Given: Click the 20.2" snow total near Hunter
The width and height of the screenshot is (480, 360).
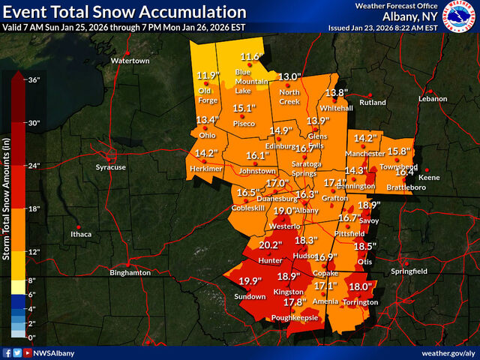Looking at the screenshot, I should [270, 245].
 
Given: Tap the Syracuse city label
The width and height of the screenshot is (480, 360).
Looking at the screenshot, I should [111, 167].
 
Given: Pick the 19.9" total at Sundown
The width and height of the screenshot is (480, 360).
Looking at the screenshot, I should [250, 281].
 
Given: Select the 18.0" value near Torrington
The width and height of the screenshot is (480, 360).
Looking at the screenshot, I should [360, 286].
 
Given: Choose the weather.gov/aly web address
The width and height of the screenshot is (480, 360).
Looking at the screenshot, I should [447, 352].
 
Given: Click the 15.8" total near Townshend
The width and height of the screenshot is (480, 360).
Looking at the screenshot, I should [397, 151].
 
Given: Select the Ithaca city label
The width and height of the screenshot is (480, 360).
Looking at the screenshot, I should [80, 234].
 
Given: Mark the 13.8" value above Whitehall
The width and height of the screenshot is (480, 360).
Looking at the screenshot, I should [337, 93].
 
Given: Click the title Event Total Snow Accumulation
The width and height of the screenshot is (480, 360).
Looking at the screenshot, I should [124, 12].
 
